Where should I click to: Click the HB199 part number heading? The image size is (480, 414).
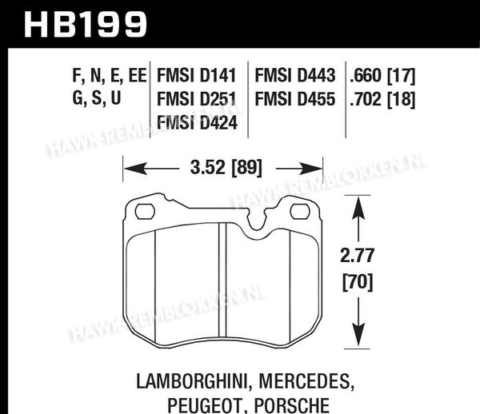tap(86, 25)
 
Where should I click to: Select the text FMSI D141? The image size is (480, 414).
tap(197, 75)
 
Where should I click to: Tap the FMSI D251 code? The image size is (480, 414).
tap(197, 99)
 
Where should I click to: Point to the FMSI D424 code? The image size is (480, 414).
tap(197, 123)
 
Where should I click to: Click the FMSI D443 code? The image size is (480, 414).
tap(295, 75)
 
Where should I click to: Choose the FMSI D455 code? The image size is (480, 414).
tap(295, 99)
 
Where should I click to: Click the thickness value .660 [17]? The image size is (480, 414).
tap(382, 76)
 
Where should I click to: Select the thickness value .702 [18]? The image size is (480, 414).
tap(382, 100)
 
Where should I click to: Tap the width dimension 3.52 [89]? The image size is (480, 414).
tap(226, 168)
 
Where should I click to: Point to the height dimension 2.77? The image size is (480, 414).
tap(358, 256)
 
